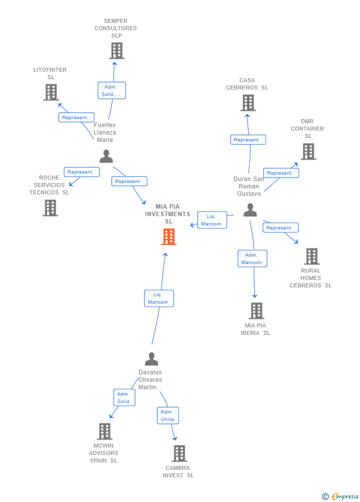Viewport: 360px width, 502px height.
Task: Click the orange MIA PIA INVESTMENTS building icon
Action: [169, 237]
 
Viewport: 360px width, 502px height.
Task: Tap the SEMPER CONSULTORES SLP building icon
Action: [117, 50]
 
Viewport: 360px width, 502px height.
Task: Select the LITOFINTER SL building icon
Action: [51, 92]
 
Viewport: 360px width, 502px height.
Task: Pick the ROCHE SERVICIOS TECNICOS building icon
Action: [50, 208]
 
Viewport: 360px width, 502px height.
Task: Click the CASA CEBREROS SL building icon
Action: [248, 102]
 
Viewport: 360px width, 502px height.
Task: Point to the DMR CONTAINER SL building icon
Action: [308, 151]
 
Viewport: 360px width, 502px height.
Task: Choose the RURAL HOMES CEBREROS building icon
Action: [312, 256]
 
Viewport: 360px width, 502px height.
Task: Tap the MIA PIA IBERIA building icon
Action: [256, 311]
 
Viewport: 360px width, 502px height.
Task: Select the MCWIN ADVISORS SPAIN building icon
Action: [104, 431]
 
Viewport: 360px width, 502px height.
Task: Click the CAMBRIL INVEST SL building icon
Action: [179, 453]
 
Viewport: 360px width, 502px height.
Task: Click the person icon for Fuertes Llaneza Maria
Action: [106, 156]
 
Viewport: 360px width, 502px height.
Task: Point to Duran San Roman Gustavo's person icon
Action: [250, 210]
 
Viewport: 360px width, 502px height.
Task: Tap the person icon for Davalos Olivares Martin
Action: [151, 359]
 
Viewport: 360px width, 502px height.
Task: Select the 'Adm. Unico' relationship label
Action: [168, 415]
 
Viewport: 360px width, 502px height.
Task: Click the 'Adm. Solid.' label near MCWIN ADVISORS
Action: [124, 398]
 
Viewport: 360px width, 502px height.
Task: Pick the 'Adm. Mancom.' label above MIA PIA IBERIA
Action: [252, 259]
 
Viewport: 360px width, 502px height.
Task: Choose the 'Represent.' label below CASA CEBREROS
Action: [248, 140]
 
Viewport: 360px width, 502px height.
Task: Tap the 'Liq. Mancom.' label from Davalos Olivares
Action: [159, 298]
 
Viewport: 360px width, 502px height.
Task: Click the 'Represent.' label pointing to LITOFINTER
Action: [76, 118]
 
